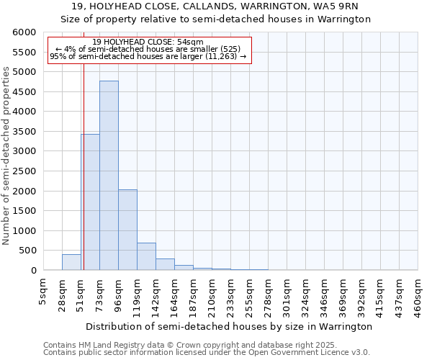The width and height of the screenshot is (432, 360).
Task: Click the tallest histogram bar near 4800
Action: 109,176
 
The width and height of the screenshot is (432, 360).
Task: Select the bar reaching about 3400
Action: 90,202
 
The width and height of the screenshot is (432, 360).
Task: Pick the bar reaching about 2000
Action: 127,230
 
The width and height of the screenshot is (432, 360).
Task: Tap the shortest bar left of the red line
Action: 71,263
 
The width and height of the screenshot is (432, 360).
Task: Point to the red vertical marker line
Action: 84,166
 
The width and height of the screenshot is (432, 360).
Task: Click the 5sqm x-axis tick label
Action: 43,291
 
